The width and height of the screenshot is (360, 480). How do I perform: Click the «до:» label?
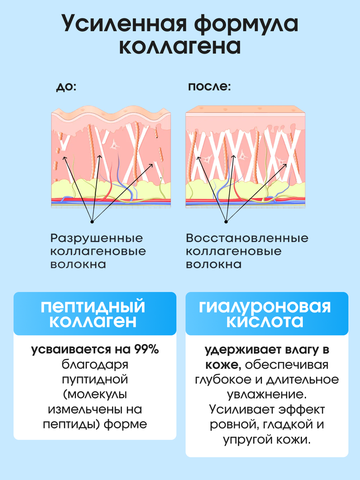coord(66,87)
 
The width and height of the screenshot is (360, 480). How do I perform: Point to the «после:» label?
coord(210,87)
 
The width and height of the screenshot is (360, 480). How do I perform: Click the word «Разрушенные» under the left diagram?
coord(96,238)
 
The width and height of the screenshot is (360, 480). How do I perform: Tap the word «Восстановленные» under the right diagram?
coord(247,238)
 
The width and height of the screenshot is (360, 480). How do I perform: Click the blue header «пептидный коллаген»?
coord(95,314)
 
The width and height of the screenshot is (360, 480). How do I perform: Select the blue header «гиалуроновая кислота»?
coord(266,314)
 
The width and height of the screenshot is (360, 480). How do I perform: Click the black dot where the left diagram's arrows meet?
coord(92,221)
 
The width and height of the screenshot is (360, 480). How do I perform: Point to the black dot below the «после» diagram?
coord(226,221)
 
